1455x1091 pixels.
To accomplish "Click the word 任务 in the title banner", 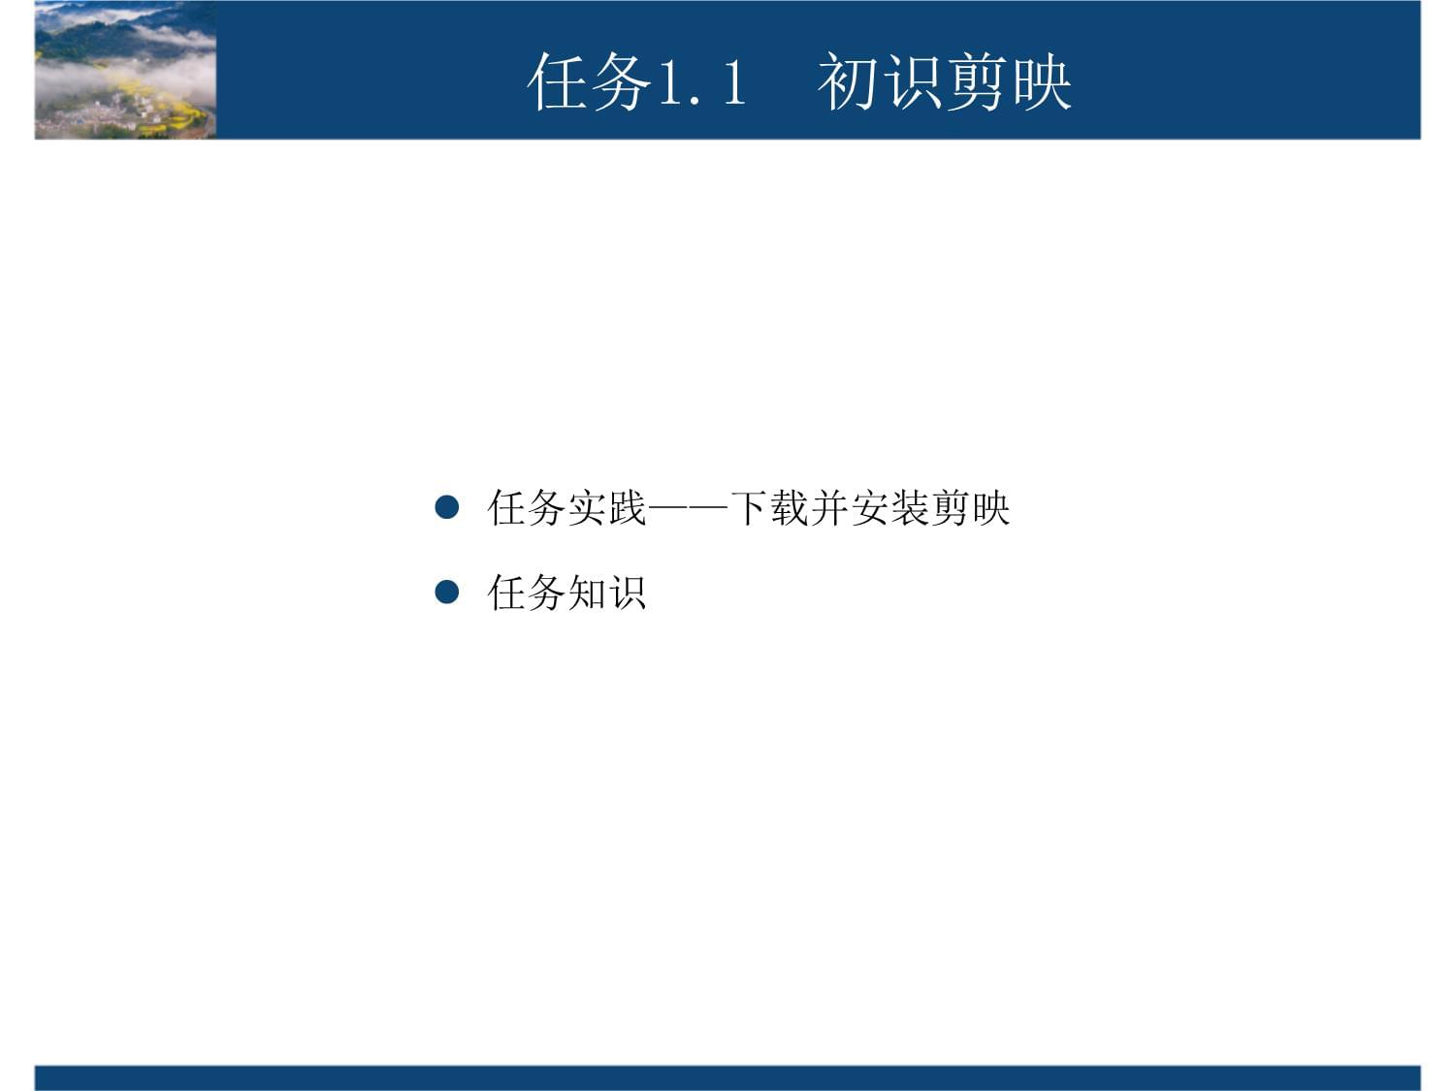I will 589,81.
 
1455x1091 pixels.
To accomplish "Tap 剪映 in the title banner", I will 1010,81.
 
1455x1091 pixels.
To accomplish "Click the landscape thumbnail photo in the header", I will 125,70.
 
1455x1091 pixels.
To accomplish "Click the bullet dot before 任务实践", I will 446,507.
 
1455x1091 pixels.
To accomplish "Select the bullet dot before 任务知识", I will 446,592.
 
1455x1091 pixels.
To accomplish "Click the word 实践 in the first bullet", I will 606,507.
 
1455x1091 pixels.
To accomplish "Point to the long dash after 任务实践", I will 688,507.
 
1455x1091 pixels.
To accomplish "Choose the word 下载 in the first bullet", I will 769,507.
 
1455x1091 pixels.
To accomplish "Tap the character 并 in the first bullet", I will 830,507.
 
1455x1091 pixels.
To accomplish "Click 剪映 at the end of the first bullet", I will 971,507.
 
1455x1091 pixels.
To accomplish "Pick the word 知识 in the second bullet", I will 606,592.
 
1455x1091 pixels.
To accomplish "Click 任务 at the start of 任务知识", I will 527,592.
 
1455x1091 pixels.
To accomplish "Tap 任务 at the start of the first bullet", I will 527,507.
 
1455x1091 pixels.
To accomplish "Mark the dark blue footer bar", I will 727,1077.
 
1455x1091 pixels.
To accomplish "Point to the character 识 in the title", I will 913,81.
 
